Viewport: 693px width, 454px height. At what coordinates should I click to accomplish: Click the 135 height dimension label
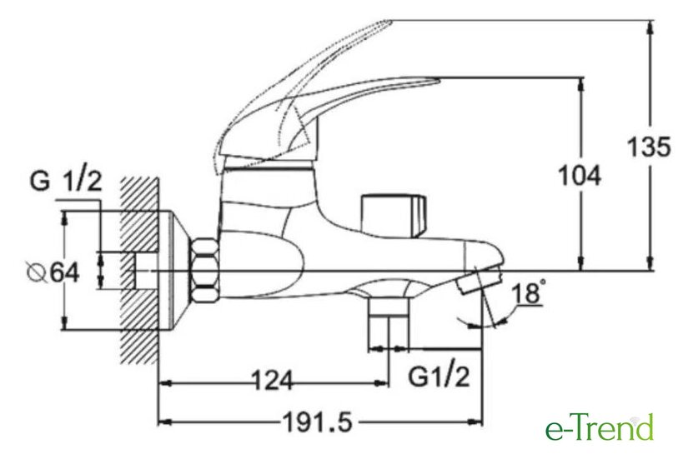pos(650,147)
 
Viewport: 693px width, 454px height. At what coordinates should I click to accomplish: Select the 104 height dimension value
pos(580,175)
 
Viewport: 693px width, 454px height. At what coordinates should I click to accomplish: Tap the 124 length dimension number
pos(272,380)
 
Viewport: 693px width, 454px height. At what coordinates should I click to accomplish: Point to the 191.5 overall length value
pos(317,422)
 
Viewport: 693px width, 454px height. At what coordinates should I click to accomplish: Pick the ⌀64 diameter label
pos(53,272)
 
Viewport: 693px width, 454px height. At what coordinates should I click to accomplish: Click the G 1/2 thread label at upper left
pos(66,181)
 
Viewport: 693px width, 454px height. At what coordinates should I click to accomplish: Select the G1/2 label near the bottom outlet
pos(439,377)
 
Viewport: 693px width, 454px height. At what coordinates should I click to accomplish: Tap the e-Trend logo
pos(600,426)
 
